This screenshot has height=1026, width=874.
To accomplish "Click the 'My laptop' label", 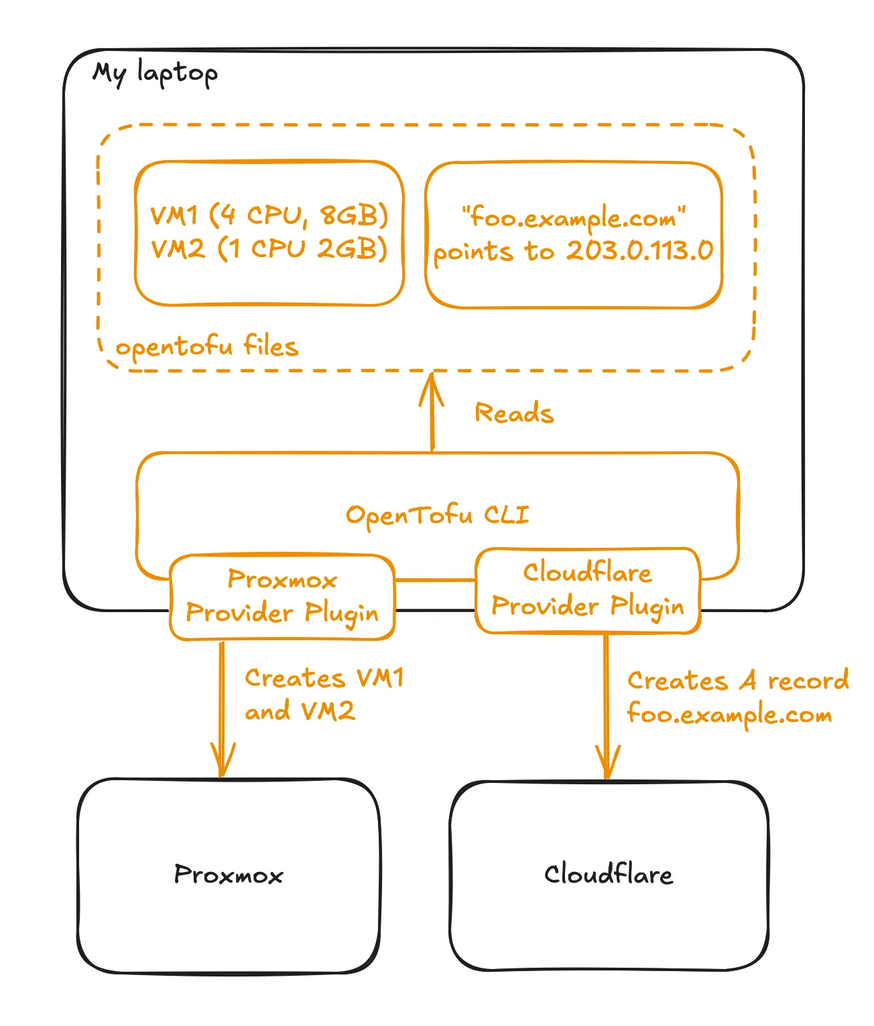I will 155,73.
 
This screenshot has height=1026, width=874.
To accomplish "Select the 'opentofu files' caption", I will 206,347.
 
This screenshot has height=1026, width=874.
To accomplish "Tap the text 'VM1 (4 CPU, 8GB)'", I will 269,215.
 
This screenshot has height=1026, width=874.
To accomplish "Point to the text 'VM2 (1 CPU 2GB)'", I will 269,248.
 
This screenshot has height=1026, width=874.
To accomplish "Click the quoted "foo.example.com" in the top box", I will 574,218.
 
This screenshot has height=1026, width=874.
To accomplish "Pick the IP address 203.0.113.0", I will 639,250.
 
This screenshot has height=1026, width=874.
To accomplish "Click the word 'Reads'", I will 514,413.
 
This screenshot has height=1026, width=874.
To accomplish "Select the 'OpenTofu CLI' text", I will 437,515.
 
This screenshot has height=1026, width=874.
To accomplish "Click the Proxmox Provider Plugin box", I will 282,597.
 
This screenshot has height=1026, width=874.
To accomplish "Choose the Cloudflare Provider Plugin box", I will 587,590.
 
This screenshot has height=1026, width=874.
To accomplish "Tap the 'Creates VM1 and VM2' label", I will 324,694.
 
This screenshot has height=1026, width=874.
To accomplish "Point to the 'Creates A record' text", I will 737,681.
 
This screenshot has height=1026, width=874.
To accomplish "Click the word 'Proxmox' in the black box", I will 229,875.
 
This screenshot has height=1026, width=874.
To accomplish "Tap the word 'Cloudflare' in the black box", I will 608,875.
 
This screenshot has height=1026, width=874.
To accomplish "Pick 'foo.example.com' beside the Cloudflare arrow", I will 729,715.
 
